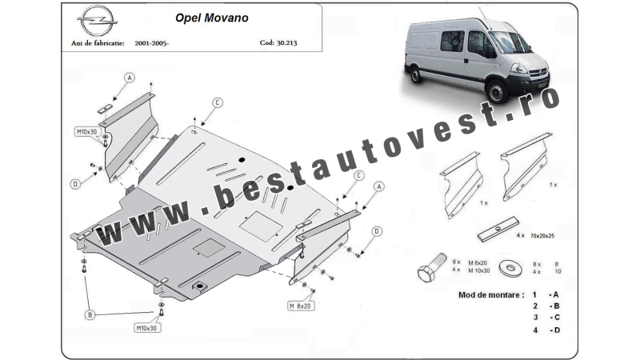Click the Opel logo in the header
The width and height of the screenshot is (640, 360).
coord(97,20)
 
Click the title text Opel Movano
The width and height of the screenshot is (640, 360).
coord(212,18)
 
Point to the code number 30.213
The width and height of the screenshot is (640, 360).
coord(286,42)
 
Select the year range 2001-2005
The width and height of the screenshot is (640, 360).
coord(150,43)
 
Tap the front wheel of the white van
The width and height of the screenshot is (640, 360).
coord(497,92)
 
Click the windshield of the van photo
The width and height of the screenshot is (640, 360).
coord(511,42)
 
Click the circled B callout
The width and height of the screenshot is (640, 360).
coord(90,314)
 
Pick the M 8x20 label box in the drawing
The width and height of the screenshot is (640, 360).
coord(301,306)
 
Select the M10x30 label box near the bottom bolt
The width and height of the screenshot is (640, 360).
coord(147,328)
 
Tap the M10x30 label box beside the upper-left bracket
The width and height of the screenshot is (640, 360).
coord(87,131)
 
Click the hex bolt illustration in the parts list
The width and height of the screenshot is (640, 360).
coord(432,267)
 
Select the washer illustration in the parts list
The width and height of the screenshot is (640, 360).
coord(510,268)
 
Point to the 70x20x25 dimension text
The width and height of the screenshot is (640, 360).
coord(542,236)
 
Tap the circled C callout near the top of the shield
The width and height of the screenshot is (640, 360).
coord(217,103)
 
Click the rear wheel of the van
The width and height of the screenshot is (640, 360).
coord(416,74)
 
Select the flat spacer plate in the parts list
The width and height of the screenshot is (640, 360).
coord(498,229)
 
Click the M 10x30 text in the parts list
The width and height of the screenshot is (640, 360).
coord(478,270)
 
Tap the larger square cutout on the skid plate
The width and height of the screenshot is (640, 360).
coord(262,226)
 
